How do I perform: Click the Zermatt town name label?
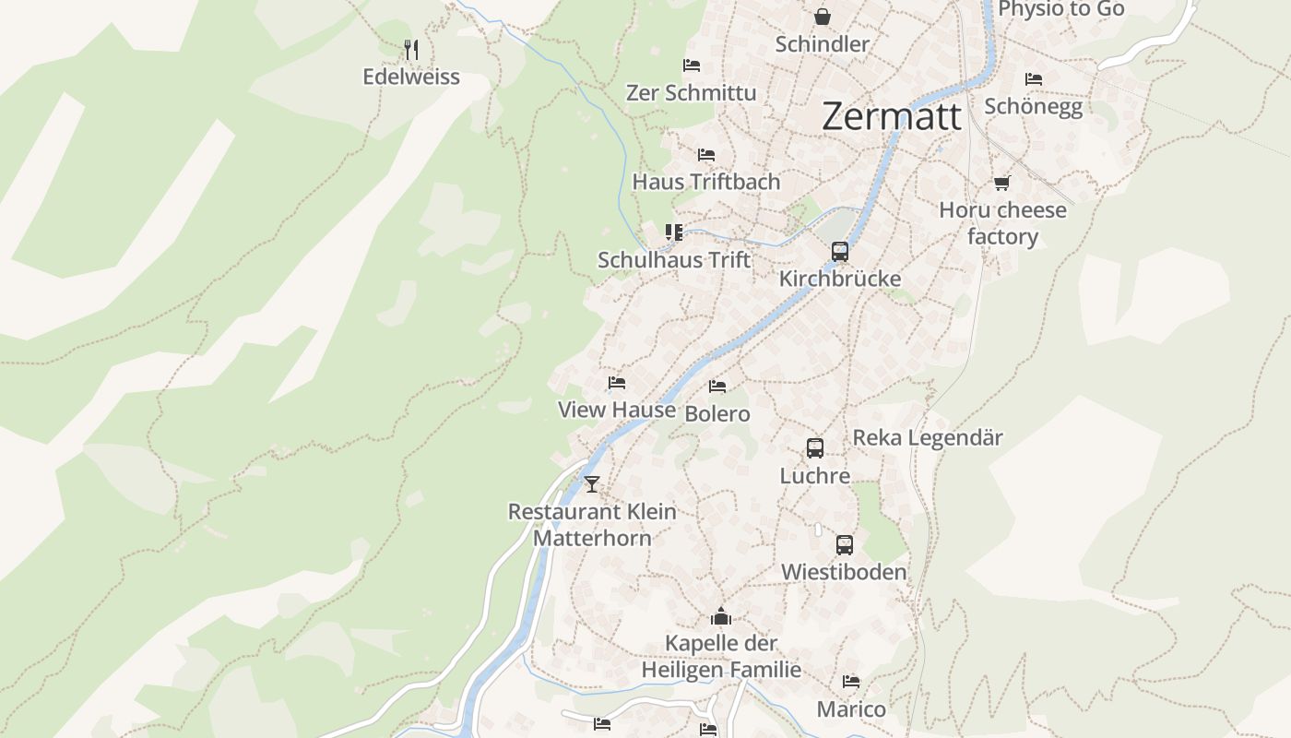click(x=891, y=117)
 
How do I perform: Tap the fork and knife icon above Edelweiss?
click(x=411, y=49)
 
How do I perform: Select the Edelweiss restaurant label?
click(x=411, y=77)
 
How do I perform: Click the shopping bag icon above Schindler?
click(x=822, y=17)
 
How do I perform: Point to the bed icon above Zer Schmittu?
click(x=692, y=65)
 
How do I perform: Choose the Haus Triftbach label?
click(x=706, y=182)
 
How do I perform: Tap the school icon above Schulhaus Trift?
click(x=674, y=232)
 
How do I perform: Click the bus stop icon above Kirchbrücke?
click(x=840, y=251)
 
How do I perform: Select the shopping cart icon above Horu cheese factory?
click(x=1002, y=183)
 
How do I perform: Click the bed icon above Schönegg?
click(x=1034, y=79)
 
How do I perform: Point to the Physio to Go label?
click(x=1061, y=9)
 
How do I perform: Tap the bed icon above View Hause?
click(x=617, y=383)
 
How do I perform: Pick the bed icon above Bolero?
click(x=717, y=387)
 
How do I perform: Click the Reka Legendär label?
click(x=928, y=437)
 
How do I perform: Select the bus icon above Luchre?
click(x=815, y=448)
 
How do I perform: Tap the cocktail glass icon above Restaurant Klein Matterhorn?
click(x=592, y=483)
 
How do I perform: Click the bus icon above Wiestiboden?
click(x=845, y=545)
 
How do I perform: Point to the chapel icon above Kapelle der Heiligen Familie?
click(x=721, y=616)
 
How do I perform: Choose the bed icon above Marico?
click(x=851, y=682)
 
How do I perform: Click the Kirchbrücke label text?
click(x=840, y=279)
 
